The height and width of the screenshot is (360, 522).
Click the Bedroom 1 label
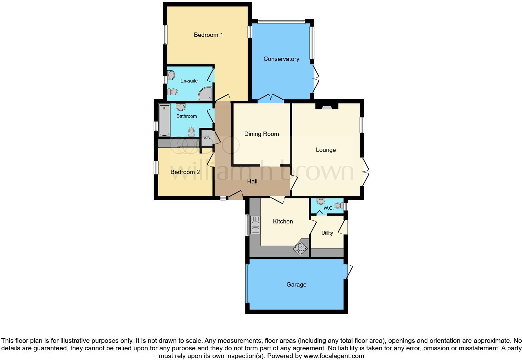pos(208,35)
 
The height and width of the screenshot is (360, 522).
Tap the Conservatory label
pos(281,59)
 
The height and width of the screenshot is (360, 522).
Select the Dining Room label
pos(261,134)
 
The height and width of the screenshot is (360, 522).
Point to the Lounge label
pos(326,150)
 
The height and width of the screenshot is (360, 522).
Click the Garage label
pos(296,284)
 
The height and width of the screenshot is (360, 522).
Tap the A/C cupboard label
pos(207,138)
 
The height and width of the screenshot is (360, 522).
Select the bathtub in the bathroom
pos(164,120)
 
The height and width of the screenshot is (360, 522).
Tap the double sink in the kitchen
pos(255,225)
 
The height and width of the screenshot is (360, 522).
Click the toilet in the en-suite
pos(172,92)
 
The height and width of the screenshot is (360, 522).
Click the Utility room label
pos(327,233)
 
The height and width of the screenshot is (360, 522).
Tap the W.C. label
pos(328,208)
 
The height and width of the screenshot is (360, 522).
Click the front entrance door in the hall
pos(236,195)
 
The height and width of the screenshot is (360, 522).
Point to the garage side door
pos(348,272)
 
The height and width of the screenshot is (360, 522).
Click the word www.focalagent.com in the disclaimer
pos(333,356)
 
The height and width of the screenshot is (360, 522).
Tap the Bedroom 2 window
pos(155,167)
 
